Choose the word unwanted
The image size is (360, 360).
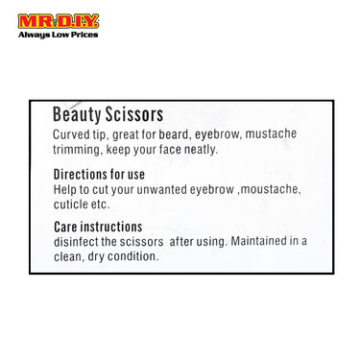[x=163, y=189]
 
